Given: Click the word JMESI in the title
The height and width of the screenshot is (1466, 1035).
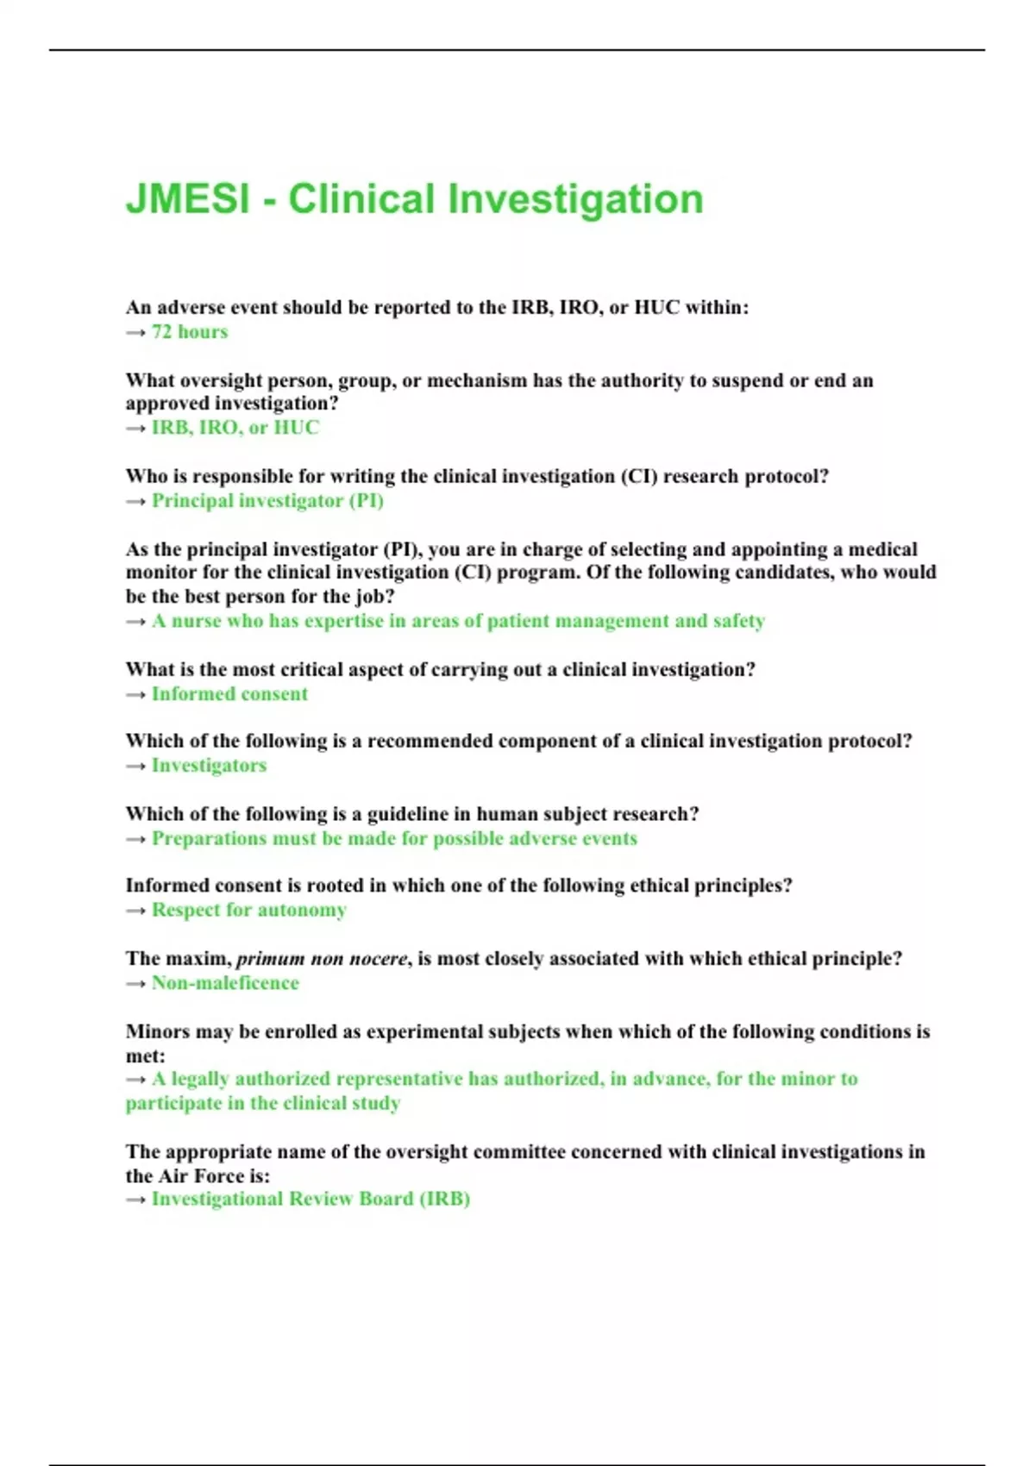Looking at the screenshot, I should click(187, 199).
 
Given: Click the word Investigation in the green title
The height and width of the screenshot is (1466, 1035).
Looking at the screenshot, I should click(575, 199).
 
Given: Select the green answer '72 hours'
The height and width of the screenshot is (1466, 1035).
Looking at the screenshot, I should click(190, 332).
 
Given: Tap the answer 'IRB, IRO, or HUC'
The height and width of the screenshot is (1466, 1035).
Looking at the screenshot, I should click(235, 428).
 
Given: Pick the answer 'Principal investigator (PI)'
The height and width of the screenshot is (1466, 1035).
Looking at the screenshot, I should click(267, 501).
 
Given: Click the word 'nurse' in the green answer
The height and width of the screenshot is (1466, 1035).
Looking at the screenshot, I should click(196, 621).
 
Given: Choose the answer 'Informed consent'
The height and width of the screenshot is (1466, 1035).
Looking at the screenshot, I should click(229, 694).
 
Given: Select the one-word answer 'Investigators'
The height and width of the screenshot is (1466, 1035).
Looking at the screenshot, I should click(209, 766).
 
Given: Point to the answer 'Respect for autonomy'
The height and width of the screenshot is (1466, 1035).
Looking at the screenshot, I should click(248, 910).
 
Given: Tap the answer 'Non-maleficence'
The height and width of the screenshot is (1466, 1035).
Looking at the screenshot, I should click(225, 983).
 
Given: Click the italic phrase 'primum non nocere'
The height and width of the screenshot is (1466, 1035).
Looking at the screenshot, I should click(322, 959).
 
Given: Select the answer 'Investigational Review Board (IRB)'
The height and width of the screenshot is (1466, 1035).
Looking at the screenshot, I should click(310, 1199).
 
